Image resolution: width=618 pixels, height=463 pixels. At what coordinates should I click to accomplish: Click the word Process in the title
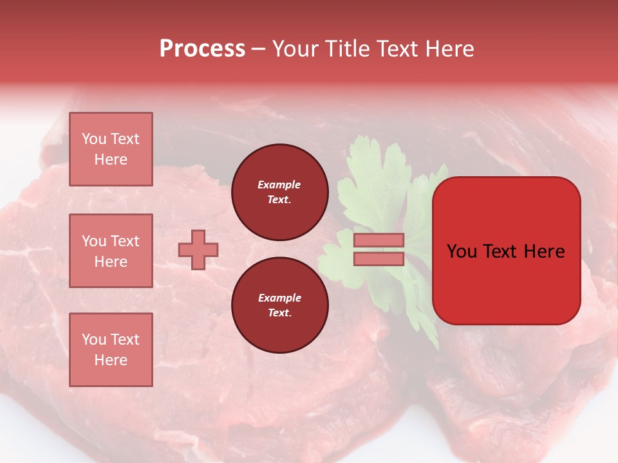(202, 49)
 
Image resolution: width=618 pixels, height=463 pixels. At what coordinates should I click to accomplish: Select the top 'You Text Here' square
(111, 149)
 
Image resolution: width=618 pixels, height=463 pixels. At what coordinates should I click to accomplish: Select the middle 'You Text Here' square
(111, 251)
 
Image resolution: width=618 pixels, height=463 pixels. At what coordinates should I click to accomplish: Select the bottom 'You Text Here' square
(111, 350)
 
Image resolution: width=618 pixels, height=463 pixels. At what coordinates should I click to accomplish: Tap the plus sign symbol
(198, 250)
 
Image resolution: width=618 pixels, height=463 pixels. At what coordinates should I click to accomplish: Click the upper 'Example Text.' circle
(279, 192)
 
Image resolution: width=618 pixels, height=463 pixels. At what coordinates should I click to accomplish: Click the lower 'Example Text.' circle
(279, 305)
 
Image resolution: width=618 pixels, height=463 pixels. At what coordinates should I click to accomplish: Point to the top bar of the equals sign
(379, 241)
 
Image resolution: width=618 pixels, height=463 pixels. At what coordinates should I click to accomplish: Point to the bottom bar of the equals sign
(379, 259)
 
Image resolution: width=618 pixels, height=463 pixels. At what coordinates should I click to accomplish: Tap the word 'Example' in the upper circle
(279, 185)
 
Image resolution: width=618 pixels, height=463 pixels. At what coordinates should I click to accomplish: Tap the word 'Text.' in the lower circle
(279, 313)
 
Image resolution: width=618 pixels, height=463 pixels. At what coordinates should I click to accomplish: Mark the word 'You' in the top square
(94, 139)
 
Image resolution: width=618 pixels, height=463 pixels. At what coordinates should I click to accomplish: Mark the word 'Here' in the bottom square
(111, 360)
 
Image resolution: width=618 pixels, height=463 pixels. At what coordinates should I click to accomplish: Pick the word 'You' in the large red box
(462, 251)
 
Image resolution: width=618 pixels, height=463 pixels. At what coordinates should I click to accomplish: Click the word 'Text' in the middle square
(124, 241)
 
